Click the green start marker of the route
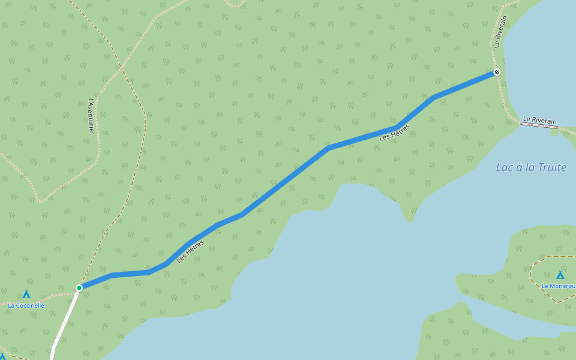pos(79,288)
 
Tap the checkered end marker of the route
pos(497,73)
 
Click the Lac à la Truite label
pos(531,167)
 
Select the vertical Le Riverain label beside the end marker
pos(500,32)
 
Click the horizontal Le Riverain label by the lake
pos(540,121)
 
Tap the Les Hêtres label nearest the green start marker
pos(190,251)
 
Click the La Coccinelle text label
pos(26,305)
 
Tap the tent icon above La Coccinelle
pos(26,295)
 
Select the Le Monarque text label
pos(559,286)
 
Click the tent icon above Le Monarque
pos(560,275)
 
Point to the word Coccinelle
pos(30,305)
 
